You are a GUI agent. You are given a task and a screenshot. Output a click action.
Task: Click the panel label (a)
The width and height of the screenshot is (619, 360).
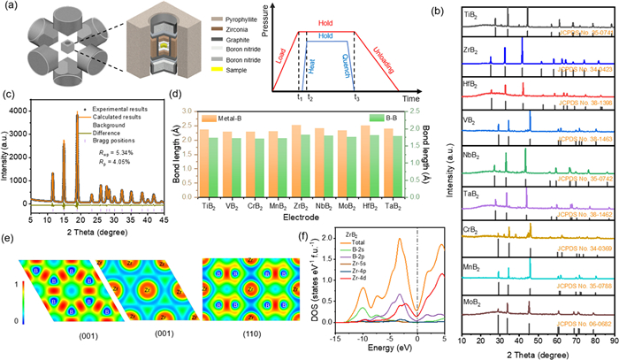(11, 7)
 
